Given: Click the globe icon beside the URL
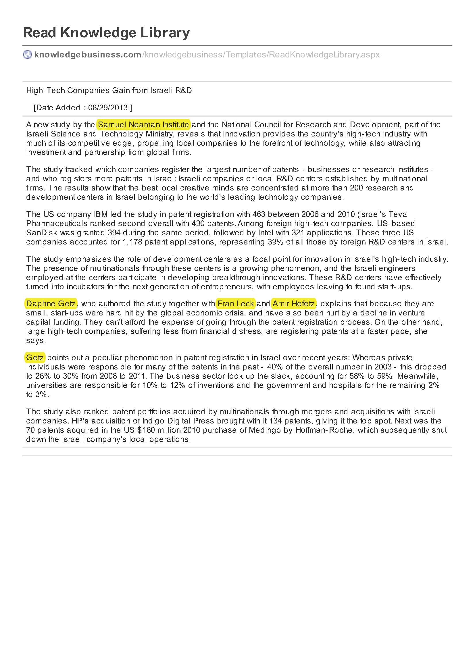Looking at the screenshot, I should (x=27, y=55).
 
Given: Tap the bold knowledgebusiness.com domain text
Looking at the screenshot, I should (x=88, y=55).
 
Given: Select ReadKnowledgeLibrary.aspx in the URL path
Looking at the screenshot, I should (x=324, y=55).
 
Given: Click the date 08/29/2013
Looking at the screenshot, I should (x=108, y=108).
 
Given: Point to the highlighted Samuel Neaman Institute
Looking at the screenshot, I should (x=143, y=125).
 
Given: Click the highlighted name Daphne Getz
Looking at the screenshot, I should (x=51, y=303).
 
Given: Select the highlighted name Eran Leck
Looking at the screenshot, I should (x=236, y=303).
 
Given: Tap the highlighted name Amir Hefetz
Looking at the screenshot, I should (x=294, y=303).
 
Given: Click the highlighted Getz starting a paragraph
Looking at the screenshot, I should (x=35, y=358).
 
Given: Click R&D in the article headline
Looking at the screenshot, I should (x=183, y=91).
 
